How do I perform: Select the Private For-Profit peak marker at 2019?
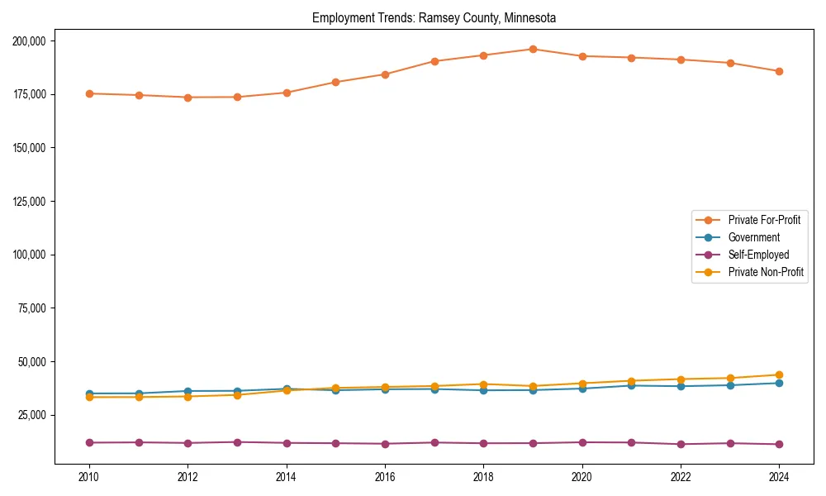point(533,49)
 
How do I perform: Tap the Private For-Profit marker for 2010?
point(89,93)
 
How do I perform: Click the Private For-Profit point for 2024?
point(779,71)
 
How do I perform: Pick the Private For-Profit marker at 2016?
point(385,74)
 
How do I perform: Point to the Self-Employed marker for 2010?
point(89,443)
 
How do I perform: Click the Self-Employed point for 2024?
point(779,445)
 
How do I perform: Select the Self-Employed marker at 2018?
point(483,443)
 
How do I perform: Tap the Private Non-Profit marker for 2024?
point(779,374)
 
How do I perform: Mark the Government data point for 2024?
point(779,383)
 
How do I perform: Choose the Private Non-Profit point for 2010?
point(89,398)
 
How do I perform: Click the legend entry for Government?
point(753,237)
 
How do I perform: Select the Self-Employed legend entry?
point(758,255)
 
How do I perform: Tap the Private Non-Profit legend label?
point(766,272)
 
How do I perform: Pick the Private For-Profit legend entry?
point(764,220)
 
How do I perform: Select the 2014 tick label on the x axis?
point(286,477)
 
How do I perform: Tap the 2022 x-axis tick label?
point(681,477)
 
